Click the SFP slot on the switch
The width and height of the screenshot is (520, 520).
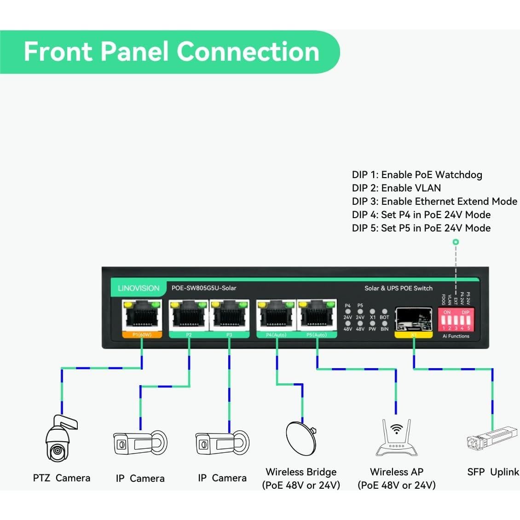(413, 318)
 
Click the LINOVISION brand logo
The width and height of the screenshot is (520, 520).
(139, 289)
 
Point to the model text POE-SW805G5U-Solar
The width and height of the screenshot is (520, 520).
(204, 288)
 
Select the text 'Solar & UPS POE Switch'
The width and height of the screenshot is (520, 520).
(399, 289)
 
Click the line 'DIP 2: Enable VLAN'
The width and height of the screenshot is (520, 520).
(396, 188)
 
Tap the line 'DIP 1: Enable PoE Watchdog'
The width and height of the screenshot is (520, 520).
(417, 174)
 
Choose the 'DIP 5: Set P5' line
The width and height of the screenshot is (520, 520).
(421, 228)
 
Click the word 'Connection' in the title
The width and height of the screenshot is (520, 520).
(248, 51)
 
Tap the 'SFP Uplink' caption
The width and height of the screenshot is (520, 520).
(493, 472)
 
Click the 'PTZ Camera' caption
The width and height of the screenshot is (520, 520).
(62, 478)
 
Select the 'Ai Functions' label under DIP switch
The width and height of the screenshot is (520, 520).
(456, 336)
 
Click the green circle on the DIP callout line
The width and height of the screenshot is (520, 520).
(456, 242)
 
